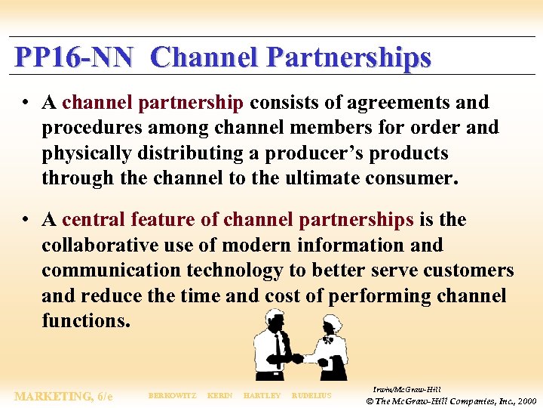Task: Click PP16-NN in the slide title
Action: [74, 57]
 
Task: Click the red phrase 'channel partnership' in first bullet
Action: [153, 102]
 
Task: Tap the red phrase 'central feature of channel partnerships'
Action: [238, 220]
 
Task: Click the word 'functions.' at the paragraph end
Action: [86, 320]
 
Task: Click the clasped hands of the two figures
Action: [299, 358]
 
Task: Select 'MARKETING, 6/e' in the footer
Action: [63, 396]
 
